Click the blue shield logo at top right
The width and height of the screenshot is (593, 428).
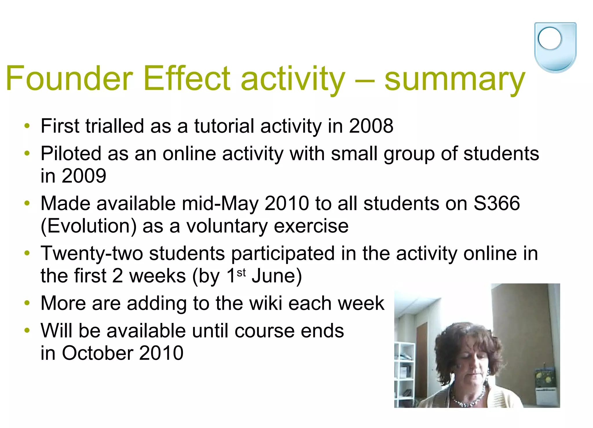pyautogui.click(x=555, y=47)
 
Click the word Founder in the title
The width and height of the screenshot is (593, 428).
pyautogui.click(x=69, y=79)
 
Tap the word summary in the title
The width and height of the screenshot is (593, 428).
pyautogui.click(x=454, y=79)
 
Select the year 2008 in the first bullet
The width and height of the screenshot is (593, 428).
pyautogui.click(x=371, y=126)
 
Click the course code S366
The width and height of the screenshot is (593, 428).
pyautogui.click(x=497, y=203)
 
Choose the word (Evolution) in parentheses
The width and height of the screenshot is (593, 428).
pyautogui.click(x=88, y=226)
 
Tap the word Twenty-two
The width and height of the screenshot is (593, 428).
pyautogui.click(x=92, y=254)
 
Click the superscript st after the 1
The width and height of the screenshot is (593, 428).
pyautogui.click(x=241, y=272)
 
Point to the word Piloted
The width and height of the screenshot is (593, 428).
pyautogui.click(x=71, y=154)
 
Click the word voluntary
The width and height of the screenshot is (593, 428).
pyautogui.click(x=227, y=226)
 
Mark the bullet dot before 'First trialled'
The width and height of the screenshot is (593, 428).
pyautogui.click(x=27, y=126)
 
